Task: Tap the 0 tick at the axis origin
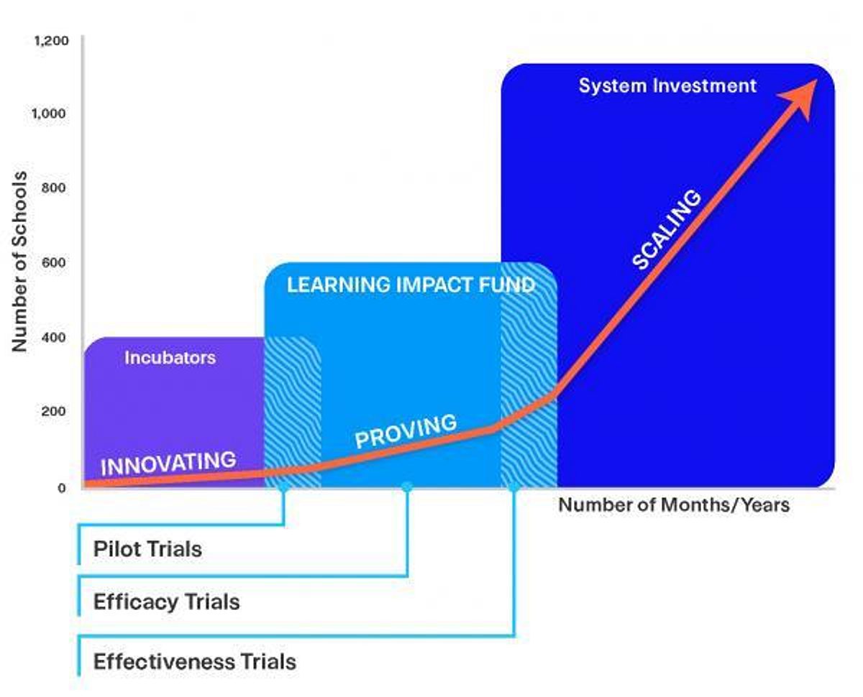(61, 488)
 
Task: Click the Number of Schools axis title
(20, 262)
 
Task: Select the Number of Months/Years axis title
(674, 505)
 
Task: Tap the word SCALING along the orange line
(666, 229)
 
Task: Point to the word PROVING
(406, 430)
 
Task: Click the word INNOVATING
(168, 462)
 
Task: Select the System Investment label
(667, 86)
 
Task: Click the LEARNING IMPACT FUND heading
(411, 285)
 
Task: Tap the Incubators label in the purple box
(170, 357)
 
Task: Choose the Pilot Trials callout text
(147, 550)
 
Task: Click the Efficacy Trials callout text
(166, 601)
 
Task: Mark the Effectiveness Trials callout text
(194, 661)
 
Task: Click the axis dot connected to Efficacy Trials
(407, 487)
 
